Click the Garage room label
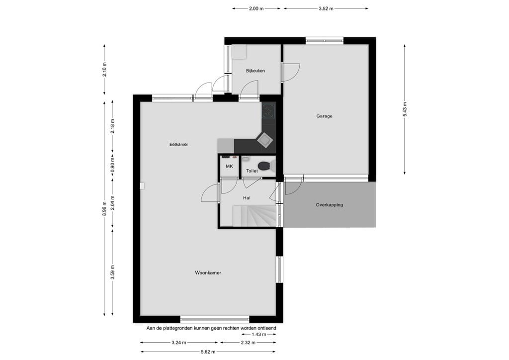click(x=324, y=116)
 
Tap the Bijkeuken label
click(x=255, y=71)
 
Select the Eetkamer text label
click(x=179, y=145)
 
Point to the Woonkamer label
click(x=208, y=273)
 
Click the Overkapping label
click(x=329, y=205)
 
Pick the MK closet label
click(x=229, y=167)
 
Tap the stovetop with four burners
click(x=269, y=111)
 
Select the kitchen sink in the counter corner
click(x=266, y=141)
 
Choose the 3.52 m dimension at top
click(x=326, y=8)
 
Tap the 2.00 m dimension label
click(x=255, y=8)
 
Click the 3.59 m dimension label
click(x=113, y=275)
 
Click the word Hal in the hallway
click(x=247, y=198)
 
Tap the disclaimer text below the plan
click(x=211, y=328)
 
